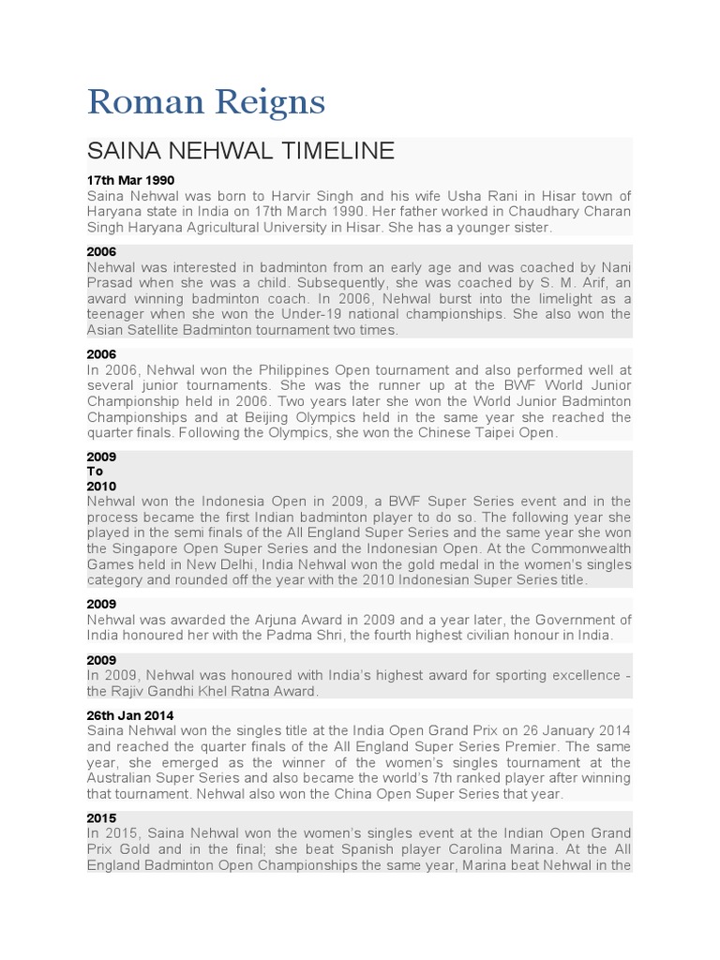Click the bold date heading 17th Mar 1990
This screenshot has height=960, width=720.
[130, 179]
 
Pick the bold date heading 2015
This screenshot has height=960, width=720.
[101, 818]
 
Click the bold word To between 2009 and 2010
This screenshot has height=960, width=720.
[95, 472]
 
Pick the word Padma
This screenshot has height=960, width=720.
[305, 636]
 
